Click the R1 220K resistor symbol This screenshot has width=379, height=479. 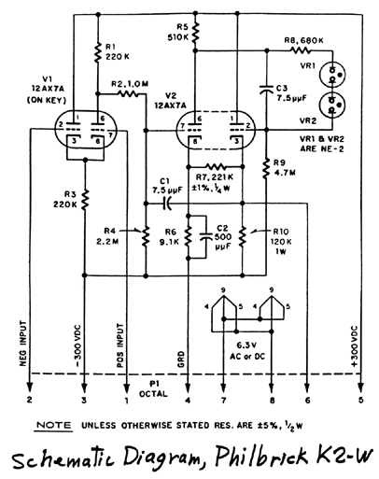pyautogui.click(x=98, y=52)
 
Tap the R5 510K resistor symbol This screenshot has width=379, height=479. pyautogui.click(x=195, y=33)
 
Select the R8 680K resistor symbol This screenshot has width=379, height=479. pyautogui.click(x=301, y=49)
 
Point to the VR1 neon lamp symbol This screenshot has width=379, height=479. pyautogui.click(x=332, y=74)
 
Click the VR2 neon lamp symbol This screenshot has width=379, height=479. pyautogui.click(x=332, y=104)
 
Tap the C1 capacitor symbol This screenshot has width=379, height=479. pyautogui.click(x=167, y=204)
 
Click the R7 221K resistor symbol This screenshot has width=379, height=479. pyautogui.click(x=216, y=166)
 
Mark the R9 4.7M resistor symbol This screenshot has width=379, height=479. pyautogui.click(x=266, y=168)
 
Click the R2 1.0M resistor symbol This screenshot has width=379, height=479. pyautogui.click(x=128, y=93)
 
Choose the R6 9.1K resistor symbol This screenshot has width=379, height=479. pyautogui.click(x=188, y=236)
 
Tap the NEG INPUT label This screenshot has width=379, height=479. pyautogui.click(x=23, y=344)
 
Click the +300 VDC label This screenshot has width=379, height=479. pyautogui.click(x=355, y=346)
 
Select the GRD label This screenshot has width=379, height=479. pyautogui.click(x=181, y=359)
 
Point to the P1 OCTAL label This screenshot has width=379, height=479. pyautogui.click(x=153, y=389)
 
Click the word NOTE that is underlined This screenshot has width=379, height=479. pyautogui.click(x=54, y=425)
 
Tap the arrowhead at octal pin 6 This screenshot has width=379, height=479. pyautogui.click(x=307, y=388)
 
